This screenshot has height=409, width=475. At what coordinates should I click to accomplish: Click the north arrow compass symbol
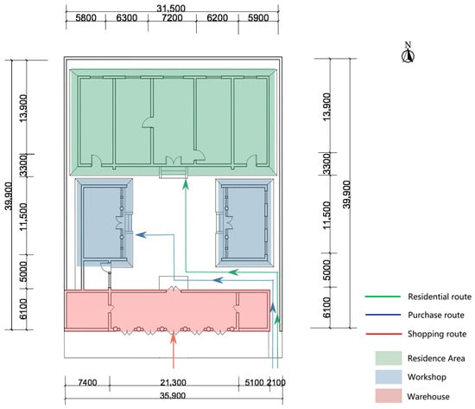408,54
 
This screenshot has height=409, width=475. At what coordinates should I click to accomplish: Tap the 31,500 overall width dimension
171,8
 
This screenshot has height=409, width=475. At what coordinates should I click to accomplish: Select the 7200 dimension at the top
172,18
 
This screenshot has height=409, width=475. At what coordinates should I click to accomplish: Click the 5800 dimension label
85,18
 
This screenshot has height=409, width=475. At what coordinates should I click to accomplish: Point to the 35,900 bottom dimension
172,396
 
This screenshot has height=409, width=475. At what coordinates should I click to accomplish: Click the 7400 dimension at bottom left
87,382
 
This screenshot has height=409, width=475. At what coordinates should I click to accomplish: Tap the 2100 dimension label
276,382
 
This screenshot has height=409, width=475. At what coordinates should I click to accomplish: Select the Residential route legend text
440,297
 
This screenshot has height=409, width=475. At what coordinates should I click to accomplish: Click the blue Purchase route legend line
383,315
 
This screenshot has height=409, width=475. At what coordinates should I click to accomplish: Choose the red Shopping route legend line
383,334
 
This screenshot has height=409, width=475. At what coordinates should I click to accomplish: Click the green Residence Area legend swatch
389,358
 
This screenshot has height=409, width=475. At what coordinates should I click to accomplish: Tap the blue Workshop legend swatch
389,377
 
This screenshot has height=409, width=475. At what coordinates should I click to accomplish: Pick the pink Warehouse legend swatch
389,396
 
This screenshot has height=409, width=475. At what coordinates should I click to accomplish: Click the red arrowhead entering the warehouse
174,338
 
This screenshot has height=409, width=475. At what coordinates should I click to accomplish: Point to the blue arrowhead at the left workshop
141,234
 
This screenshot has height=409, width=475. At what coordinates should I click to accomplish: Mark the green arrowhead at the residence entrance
186,184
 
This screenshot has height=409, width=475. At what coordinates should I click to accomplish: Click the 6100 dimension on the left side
23,309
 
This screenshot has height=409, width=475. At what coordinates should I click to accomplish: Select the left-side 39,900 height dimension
9,195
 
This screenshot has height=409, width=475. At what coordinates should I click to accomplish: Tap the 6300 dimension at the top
127,18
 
